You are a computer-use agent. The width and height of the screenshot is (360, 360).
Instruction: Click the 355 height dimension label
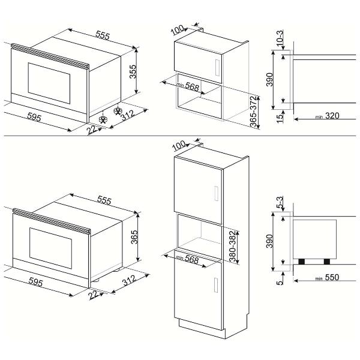133,71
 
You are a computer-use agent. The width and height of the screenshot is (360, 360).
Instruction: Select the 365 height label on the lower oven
134,237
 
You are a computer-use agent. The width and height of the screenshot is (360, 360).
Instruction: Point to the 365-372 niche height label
253,112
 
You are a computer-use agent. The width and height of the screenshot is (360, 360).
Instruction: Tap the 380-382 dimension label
233,247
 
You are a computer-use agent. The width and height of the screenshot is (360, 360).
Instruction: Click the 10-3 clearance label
280,37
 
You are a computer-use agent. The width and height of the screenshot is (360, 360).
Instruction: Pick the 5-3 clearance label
280,202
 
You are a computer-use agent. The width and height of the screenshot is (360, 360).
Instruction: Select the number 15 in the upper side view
280,118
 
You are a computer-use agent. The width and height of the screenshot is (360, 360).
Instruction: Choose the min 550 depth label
327,277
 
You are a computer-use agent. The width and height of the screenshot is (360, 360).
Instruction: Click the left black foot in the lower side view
301,262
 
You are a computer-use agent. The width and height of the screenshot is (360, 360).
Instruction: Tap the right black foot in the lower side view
327,262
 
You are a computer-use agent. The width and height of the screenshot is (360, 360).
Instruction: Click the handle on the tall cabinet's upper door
216,193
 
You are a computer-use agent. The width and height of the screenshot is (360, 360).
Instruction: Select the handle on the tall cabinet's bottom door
216,285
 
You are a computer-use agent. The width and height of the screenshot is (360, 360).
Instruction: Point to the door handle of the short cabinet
218,68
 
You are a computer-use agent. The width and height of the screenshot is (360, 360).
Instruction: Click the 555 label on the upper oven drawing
103,35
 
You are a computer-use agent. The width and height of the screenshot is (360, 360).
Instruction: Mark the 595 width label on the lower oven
36,282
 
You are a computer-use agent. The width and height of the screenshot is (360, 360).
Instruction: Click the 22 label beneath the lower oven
93,295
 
